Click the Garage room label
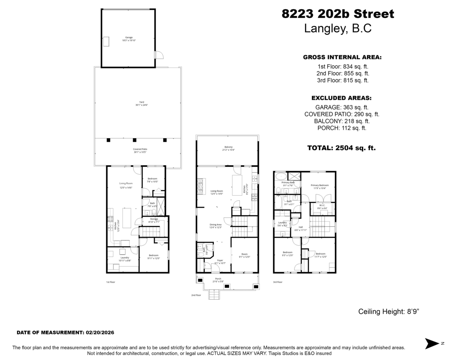[129, 38]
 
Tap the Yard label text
[141, 102]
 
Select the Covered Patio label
[140, 149]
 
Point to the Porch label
[218, 279]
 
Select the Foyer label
[220, 260]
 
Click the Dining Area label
[215, 225]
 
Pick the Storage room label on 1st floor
[154, 219]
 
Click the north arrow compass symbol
[431, 343]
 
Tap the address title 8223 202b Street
[338, 14]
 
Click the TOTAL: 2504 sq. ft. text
[341, 148]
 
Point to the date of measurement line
[65, 332]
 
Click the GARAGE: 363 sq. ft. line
[342, 107]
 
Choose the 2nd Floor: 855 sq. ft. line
[343, 73]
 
